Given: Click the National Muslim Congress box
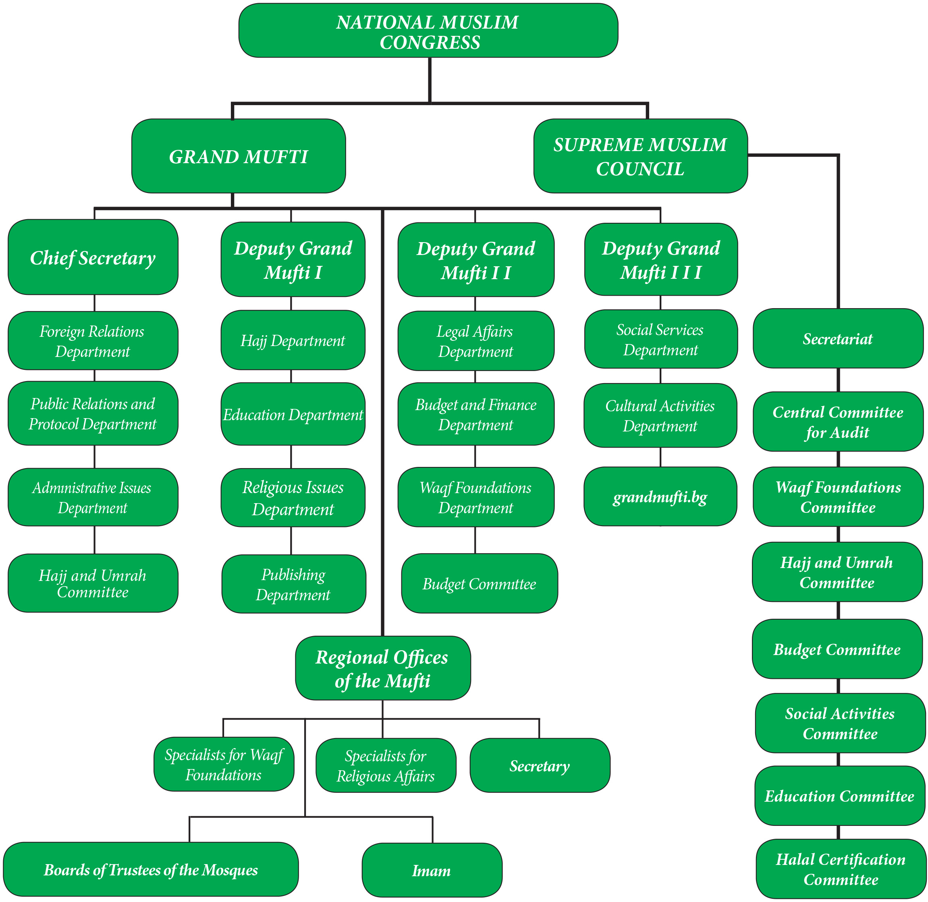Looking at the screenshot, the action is pos(428,30).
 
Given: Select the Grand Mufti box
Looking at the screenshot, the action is pos(239,156).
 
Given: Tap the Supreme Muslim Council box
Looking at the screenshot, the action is pos(640,156).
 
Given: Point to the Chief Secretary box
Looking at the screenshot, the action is pos(93,257).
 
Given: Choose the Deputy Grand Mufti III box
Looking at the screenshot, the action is pos(661,259).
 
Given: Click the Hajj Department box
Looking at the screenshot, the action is pos(293,340).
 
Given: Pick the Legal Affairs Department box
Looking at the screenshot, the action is pos(476,341).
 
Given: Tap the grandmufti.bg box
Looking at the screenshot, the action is pos(660,496).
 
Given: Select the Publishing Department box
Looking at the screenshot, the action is pos(294,584).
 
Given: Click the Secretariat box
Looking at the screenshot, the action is pos(838,338).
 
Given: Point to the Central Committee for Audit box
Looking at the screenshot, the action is pos(838,421).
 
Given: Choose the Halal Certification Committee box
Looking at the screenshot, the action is pos(841,869).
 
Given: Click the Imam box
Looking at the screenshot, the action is pos(432,870).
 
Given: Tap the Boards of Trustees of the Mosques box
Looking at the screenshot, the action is pos(151,869).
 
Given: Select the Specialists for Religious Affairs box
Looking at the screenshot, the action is pos(386,765).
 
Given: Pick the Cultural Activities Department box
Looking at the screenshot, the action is pos(660,415).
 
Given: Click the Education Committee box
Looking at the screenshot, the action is pos(840,795).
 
